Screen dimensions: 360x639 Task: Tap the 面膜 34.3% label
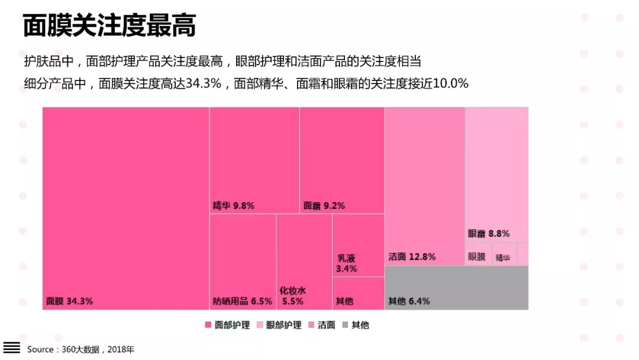[69, 301]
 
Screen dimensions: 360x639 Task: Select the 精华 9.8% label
[233, 206]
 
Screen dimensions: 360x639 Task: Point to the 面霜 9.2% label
[324, 206]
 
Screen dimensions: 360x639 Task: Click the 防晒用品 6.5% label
[243, 301]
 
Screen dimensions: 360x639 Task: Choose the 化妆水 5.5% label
[293, 295]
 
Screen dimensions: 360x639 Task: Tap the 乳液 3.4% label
[347, 263]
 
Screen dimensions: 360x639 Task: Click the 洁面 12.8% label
[412, 257]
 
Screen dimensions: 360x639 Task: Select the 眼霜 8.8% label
[489, 233]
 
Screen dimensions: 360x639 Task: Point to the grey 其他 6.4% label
[409, 301]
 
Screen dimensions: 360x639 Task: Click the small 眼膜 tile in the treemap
[477, 257]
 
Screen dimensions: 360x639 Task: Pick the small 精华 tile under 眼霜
[503, 258]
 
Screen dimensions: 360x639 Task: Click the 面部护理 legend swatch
[208, 325]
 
